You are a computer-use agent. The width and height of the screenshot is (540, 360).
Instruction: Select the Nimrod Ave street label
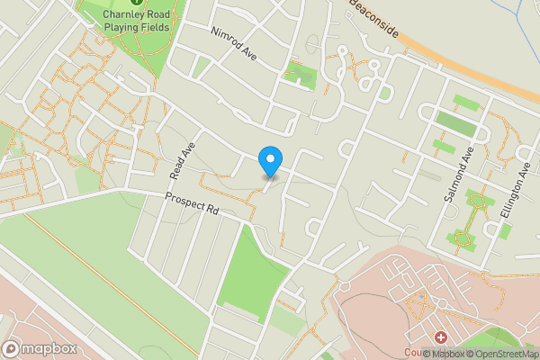[x=234, y=43]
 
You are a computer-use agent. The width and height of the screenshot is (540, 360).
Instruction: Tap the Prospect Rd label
[x=193, y=206]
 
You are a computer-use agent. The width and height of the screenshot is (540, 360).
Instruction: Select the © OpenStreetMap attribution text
[x=502, y=354]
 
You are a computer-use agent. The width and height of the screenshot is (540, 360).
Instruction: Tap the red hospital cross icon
[x=441, y=337]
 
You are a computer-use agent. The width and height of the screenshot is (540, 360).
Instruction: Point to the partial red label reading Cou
[x=413, y=353]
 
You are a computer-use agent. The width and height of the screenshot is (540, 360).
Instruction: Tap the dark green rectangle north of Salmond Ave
[x=455, y=121]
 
